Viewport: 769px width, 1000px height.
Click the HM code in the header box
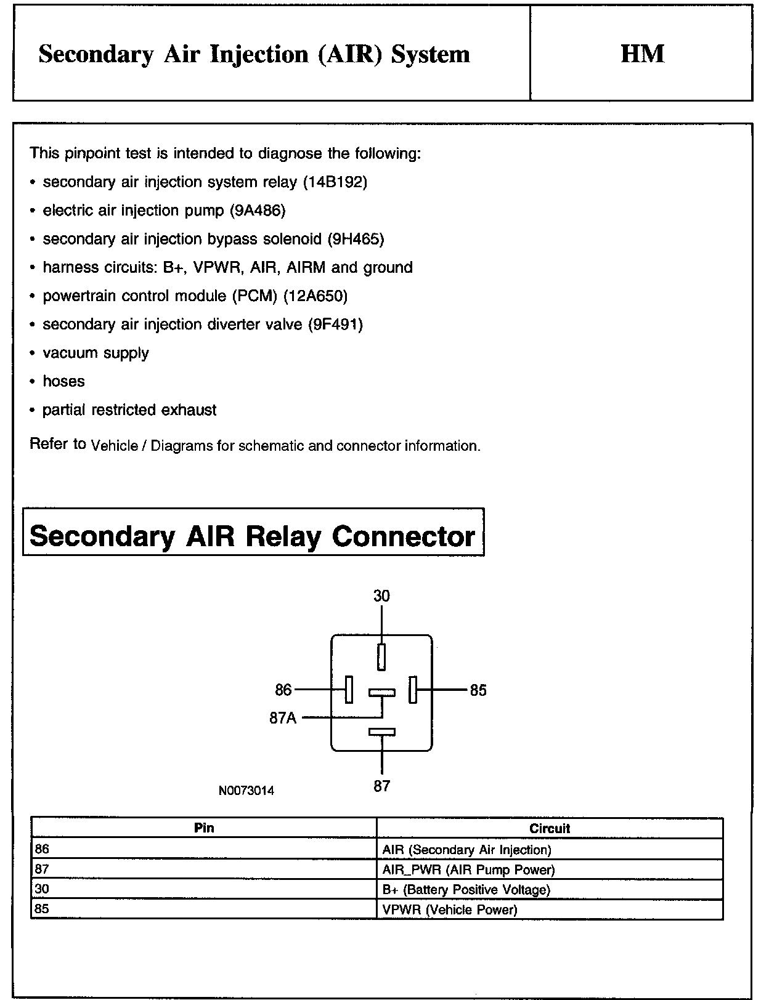point(642,54)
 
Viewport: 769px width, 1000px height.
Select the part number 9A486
point(258,211)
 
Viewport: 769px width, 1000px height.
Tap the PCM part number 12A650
point(315,296)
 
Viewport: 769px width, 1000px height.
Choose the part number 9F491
point(335,325)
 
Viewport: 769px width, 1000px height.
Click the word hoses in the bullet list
point(63,381)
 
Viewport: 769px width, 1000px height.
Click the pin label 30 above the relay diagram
point(381,596)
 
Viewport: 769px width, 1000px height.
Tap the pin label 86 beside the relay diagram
point(283,690)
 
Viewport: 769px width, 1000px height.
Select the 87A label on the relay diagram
point(283,718)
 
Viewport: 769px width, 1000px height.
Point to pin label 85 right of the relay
point(478,690)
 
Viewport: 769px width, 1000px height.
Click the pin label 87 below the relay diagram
point(381,786)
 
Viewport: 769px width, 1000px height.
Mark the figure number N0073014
point(246,791)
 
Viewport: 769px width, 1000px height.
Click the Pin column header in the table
point(204,828)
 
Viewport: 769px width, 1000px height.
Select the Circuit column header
point(550,828)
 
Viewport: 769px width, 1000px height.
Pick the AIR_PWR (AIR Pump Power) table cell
point(468,869)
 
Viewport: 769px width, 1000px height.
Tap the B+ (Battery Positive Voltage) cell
point(466,889)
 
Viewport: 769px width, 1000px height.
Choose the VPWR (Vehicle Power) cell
point(450,909)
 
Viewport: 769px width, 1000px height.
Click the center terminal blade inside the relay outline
point(382,693)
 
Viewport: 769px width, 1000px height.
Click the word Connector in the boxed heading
point(404,536)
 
